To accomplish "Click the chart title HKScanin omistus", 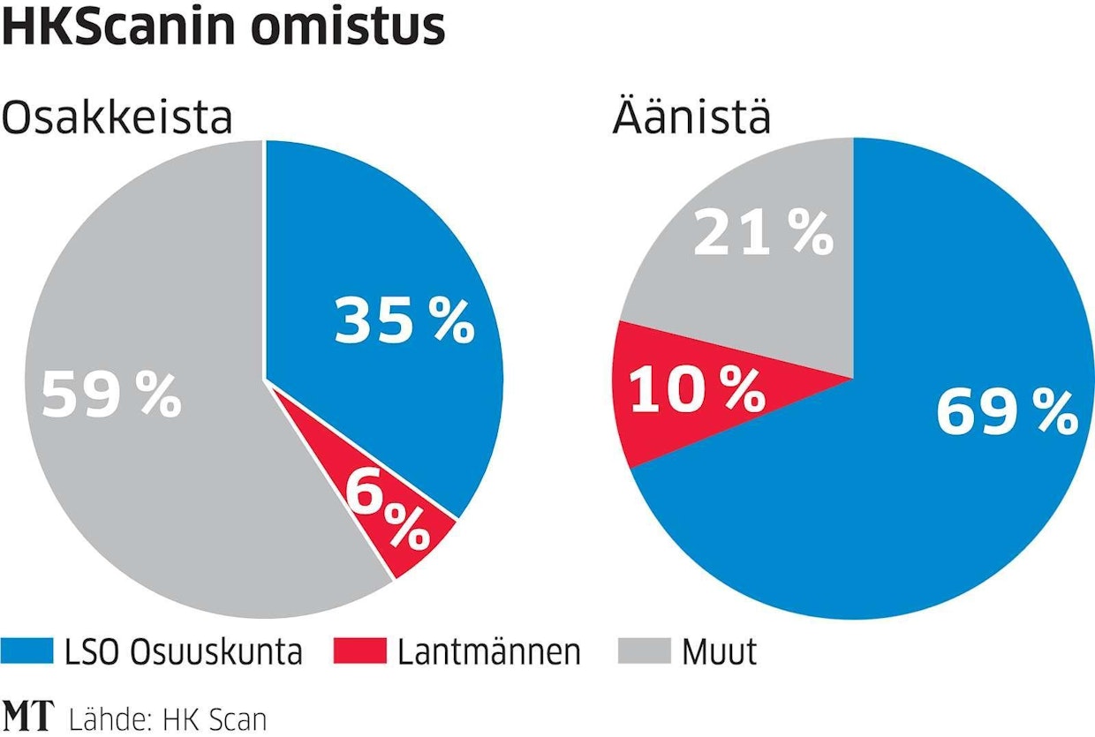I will coord(223,28).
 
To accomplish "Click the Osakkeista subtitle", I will coord(117,117).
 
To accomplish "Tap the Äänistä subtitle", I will coord(691,117).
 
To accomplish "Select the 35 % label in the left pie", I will coord(404,322).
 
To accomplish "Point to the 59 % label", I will coord(111,396).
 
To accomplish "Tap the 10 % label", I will coord(696,390).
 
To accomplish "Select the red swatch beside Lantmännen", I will coord(359,651).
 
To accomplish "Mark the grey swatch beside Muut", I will coord(642,651).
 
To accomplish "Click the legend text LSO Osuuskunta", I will coord(183,652).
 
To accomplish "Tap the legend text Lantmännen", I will coord(489,652).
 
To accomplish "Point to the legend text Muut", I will coord(719,652).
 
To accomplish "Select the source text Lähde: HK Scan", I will coord(165,718).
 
